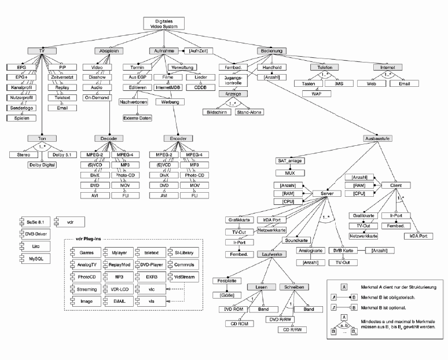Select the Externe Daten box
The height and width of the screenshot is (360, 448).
click(x=136, y=118)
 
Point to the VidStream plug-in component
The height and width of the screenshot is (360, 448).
click(x=183, y=277)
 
